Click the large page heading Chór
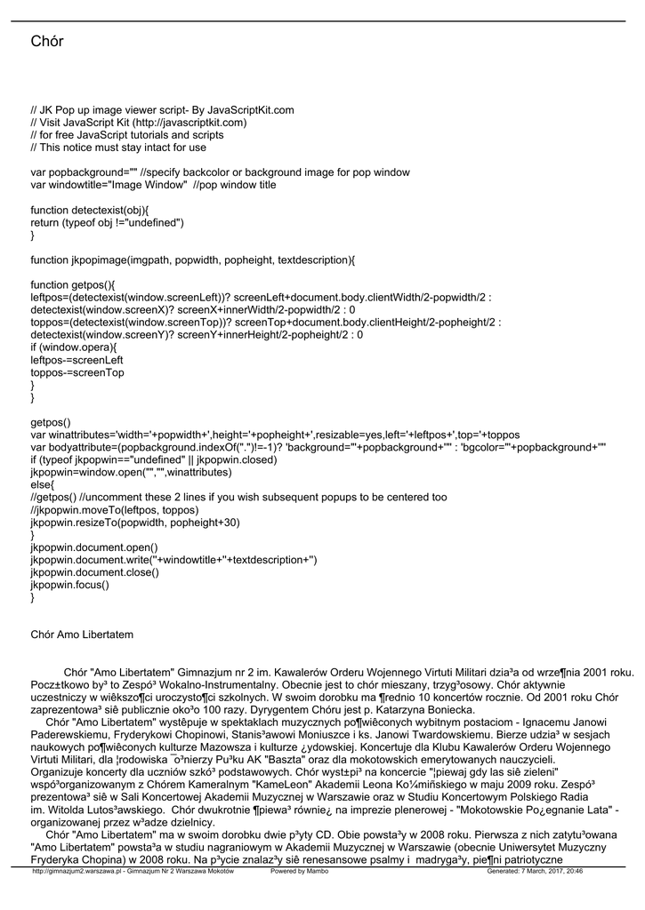(47, 42)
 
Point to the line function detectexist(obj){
(90, 210)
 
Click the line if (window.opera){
(74, 347)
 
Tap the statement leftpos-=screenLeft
(77, 360)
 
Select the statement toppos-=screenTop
(77, 372)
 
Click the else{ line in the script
(43, 485)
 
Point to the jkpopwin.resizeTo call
(135, 523)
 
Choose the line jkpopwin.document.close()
(94, 572)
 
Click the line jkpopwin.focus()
(70, 585)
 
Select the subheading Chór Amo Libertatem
(82, 635)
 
